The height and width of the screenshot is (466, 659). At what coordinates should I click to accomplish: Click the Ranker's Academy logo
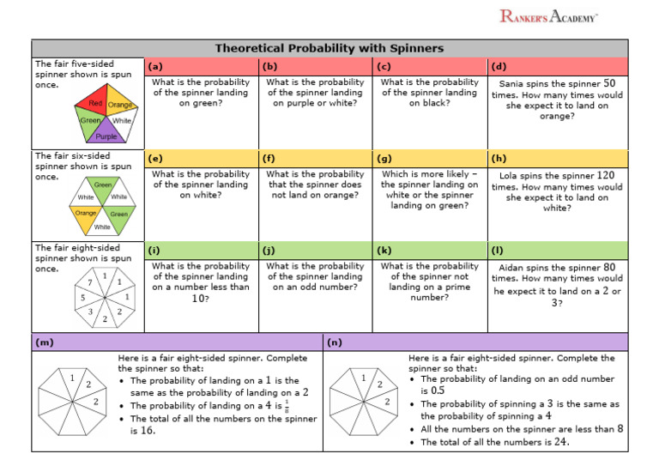pyautogui.click(x=549, y=15)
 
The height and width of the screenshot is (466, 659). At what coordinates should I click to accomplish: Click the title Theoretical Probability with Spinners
pyautogui.click(x=329, y=48)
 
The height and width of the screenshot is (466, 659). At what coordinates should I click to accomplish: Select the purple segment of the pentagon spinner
pyautogui.click(x=106, y=133)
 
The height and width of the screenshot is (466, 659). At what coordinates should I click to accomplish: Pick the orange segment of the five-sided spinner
pyautogui.click(x=119, y=106)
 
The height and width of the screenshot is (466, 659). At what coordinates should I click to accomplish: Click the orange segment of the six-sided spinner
pyautogui.click(x=86, y=213)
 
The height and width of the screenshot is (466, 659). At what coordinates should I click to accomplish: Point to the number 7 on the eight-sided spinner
pyautogui.click(x=90, y=282)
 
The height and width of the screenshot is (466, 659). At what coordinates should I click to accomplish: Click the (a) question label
pyautogui.click(x=155, y=66)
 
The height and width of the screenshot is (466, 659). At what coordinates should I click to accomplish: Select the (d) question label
pyautogui.click(x=499, y=66)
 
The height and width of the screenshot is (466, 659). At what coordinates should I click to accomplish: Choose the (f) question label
pyautogui.click(x=270, y=159)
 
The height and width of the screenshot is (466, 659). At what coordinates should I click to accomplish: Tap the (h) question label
pyautogui.click(x=499, y=159)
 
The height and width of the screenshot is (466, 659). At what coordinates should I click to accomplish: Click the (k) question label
pyautogui.click(x=384, y=251)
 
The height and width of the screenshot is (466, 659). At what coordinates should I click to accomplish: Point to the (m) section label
pyautogui.click(x=44, y=342)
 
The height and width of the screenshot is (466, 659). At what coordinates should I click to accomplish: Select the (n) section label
pyautogui.click(x=335, y=342)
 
